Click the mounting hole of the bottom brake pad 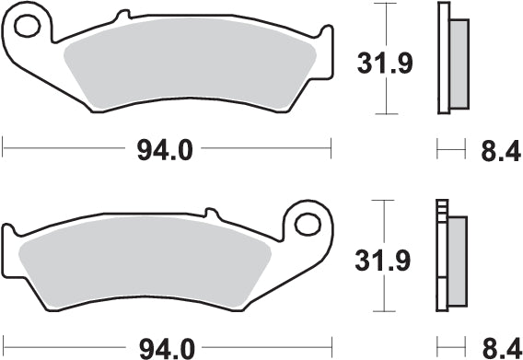(x=308, y=223)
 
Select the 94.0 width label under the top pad (x=164, y=147)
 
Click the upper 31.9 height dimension (x=382, y=63)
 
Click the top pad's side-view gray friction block (x=458, y=61)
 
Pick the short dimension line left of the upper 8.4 (x=449, y=146)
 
